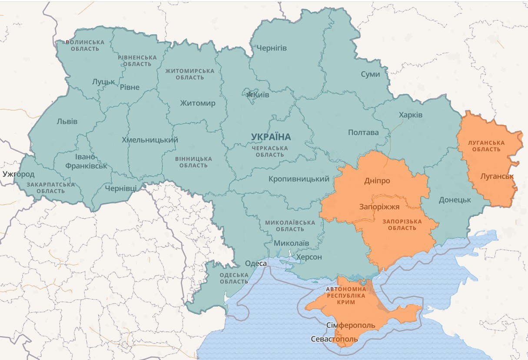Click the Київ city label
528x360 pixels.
[262, 95]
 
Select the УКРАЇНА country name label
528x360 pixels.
[271, 137]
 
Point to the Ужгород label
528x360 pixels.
[18, 174]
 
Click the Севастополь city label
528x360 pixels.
[334, 339]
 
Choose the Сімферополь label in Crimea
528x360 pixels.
[350, 325]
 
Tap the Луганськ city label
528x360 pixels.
[497, 177]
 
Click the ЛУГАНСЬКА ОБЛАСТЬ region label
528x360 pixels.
[486, 146]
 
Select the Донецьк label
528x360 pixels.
[455, 200]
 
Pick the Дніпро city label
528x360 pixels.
[377, 181]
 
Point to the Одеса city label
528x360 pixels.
[256, 263]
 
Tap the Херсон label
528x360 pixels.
[309, 257]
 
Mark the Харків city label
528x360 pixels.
[410, 115]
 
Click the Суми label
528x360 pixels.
[370, 74]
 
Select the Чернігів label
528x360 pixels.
[271, 48]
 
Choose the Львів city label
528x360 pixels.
[67, 121]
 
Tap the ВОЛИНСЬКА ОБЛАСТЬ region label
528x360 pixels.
[85, 45]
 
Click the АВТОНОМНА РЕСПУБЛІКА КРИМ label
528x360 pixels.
[346, 295]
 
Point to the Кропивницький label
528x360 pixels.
[299, 179]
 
